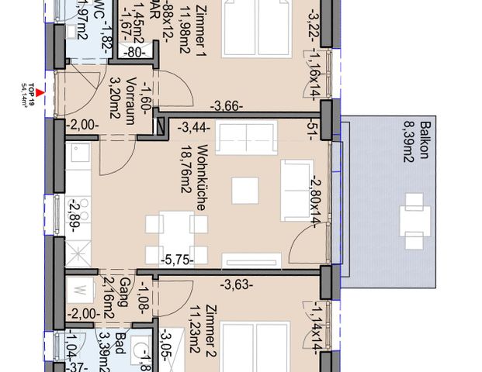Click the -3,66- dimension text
click(x=231, y=106)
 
